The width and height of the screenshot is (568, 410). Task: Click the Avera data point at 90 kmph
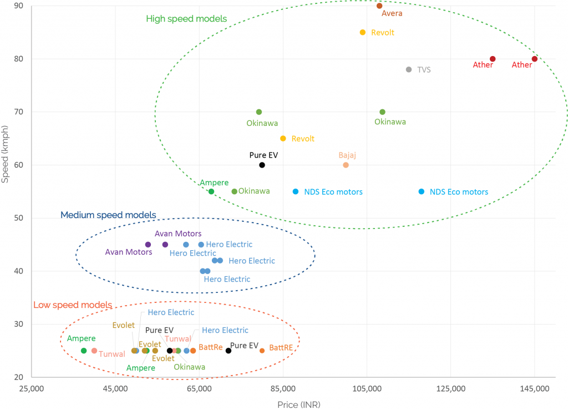point(379,6)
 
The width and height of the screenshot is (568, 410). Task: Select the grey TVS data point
point(409,69)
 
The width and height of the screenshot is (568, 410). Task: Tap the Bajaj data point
point(346,165)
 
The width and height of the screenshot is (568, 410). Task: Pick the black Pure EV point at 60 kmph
point(262,165)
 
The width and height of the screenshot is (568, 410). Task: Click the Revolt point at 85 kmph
point(363,32)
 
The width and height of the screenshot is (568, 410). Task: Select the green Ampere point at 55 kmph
point(211,191)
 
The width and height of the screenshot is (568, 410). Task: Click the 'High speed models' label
point(186,19)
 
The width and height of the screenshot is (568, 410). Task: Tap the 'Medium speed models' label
point(108,215)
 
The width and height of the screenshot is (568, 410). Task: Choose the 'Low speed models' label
point(73,305)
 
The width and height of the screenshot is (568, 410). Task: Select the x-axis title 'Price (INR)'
point(299,404)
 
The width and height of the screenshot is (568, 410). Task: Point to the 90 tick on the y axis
point(19,6)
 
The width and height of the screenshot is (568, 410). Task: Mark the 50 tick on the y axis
point(19,218)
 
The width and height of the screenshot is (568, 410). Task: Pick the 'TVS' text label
point(424,70)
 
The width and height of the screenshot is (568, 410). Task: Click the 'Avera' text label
point(392,13)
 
